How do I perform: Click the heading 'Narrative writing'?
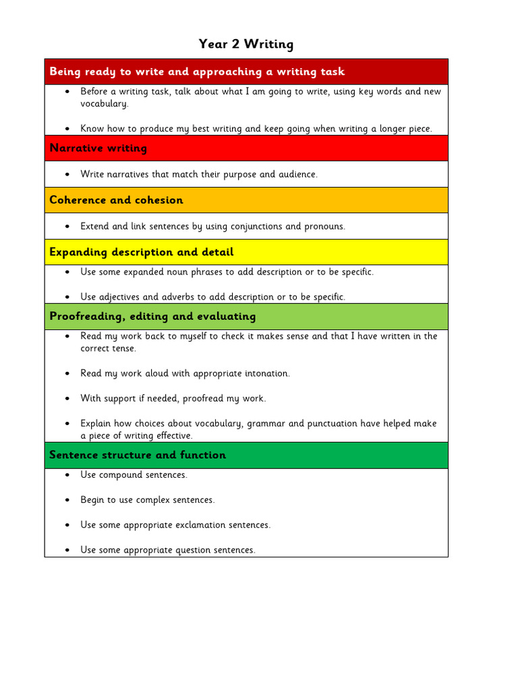pyautogui.click(x=98, y=148)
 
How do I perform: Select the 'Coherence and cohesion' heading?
pyautogui.click(x=116, y=200)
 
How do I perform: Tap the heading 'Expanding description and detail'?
pyautogui.click(x=142, y=252)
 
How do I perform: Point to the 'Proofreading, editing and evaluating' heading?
pyautogui.click(x=152, y=316)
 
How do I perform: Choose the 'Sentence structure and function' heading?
pyautogui.click(x=138, y=455)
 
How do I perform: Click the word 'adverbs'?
pyautogui.click(x=178, y=298)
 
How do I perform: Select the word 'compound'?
pyautogui.click(x=121, y=475)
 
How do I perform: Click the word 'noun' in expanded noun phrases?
pyautogui.click(x=186, y=272)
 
